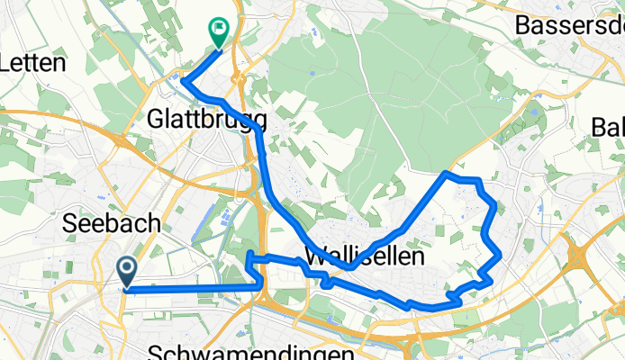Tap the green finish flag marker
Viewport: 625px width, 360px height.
point(218,31)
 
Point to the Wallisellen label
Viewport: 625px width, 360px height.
point(365,256)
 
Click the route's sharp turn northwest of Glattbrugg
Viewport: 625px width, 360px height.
point(184,82)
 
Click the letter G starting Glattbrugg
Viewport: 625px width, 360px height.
point(157,118)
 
